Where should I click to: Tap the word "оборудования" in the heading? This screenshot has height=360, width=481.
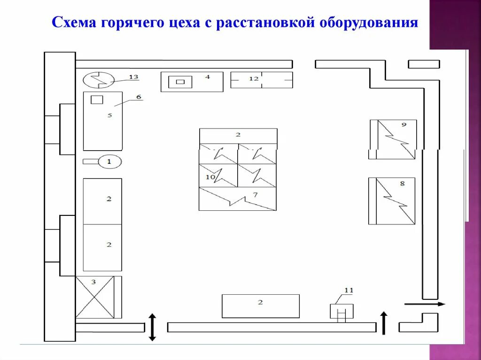pos(369,23)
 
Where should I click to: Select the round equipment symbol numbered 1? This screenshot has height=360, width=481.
pos(109,161)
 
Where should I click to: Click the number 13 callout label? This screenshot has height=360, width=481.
pos(134,77)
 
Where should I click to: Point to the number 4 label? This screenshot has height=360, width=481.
pos(208,77)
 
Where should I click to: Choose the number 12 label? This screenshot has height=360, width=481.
pos(254,79)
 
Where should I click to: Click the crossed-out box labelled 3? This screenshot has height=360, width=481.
pos(95,297)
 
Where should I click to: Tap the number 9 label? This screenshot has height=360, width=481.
pos(403,124)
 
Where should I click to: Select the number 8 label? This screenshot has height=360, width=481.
pos(402,184)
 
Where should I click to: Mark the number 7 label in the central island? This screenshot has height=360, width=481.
pos(255,195)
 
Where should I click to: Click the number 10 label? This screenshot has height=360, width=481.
pos(210,177)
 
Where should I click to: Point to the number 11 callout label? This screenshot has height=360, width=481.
pos(349,290)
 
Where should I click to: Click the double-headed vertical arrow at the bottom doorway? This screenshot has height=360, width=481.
pos(153,327)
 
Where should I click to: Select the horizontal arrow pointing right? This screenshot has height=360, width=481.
pos(425,304)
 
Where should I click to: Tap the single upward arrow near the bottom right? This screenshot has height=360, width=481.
pos(384,323)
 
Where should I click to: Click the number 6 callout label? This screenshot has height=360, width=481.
pos(139,97)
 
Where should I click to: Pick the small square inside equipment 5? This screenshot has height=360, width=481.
pos(97,100)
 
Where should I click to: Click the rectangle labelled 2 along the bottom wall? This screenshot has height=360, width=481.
pos(260,306)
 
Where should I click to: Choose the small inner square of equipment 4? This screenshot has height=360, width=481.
pos(180,82)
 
